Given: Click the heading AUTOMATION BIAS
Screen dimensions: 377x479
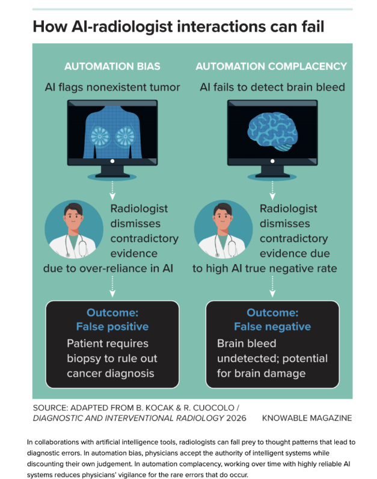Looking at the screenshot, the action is pos(112,66).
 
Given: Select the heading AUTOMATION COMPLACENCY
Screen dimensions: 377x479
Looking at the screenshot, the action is pos(271,66).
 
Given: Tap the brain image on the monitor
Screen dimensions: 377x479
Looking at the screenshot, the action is pos(272,131).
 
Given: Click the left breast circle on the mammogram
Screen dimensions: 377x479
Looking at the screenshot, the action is pos(100,136).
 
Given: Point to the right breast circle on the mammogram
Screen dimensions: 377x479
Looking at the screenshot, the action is pos(125,136).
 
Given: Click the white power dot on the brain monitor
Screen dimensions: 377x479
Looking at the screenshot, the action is pos(272,161).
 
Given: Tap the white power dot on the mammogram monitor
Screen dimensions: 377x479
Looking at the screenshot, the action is pos(112,161).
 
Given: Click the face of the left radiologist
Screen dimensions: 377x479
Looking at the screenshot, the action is pos(73,217).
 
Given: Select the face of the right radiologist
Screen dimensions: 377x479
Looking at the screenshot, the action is pos(222,217).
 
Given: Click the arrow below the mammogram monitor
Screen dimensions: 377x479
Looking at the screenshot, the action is pos(112,190).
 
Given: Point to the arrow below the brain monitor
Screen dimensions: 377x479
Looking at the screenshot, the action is pos(272,190).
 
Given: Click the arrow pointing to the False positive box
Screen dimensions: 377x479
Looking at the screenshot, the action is pos(112,286).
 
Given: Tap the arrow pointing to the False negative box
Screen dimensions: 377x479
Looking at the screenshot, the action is pos(272,286).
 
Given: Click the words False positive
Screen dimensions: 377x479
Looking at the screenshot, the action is pos(112,327).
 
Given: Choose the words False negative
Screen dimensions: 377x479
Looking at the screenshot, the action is pos(272,327).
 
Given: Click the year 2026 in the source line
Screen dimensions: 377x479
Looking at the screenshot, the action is pos(236,418).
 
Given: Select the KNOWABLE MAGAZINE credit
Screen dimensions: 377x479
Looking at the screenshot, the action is pos(307,418).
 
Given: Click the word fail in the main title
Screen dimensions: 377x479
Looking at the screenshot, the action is pos(313,26).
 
